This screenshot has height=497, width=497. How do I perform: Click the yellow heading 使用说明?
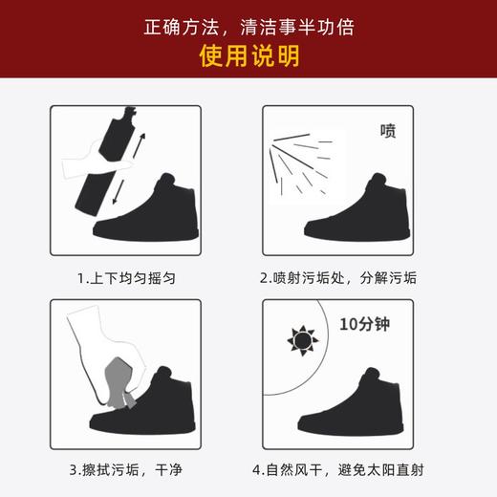click(248, 55)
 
